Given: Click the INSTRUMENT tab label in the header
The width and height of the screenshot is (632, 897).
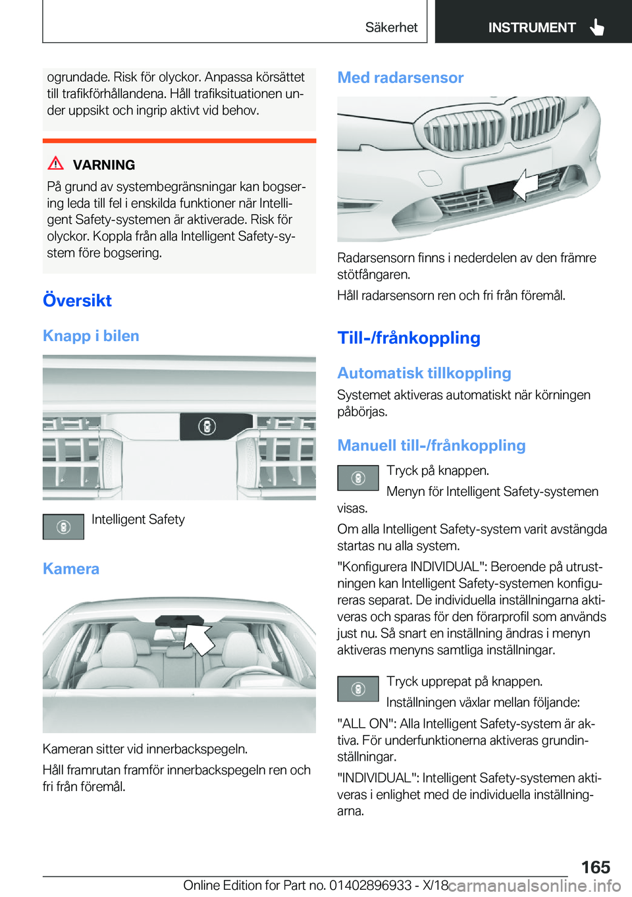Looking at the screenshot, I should (531, 28).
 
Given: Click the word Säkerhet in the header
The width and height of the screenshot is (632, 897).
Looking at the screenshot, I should (391, 28).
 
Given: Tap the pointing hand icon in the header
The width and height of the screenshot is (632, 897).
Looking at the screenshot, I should (597, 27).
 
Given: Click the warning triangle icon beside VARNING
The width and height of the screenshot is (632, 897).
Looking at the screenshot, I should (56, 163).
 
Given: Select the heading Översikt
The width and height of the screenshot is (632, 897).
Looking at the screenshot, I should (77, 300).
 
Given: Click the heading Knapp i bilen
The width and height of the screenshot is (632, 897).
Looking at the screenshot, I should (91, 336).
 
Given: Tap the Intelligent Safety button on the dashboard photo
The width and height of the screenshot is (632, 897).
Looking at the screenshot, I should (207, 427).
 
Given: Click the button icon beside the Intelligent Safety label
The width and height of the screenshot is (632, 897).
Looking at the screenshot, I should (63, 527).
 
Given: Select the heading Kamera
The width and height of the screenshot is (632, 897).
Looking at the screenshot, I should (71, 569).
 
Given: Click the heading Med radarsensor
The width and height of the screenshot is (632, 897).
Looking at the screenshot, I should (400, 78).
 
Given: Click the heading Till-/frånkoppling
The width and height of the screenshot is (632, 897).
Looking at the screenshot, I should (409, 338).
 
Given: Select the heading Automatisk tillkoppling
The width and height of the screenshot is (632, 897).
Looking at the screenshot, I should (424, 373).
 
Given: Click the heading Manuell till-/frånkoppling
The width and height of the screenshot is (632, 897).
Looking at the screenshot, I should (431, 446).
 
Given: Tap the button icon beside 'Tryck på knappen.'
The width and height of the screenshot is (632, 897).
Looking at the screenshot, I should (357, 478).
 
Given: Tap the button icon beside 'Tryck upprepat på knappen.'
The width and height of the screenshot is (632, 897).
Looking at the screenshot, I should (357, 689).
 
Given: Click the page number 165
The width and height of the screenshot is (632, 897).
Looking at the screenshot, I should (595, 867).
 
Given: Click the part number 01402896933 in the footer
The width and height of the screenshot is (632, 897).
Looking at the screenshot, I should (370, 885).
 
